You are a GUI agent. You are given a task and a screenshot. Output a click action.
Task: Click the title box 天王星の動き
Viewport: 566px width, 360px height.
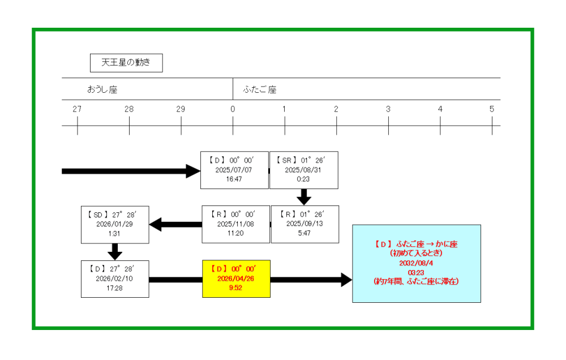pyautogui.click(x=126, y=63)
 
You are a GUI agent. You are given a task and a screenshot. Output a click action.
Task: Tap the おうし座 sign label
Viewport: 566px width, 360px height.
pyautogui.click(x=102, y=89)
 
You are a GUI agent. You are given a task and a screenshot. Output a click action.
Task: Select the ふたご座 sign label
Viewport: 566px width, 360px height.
pyautogui.click(x=260, y=89)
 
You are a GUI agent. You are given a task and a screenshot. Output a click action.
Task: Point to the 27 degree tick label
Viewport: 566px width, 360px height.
pyautogui.click(x=77, y=109)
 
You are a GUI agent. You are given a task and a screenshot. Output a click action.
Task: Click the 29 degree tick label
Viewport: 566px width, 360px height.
pyautogui.click(x=181, y=109)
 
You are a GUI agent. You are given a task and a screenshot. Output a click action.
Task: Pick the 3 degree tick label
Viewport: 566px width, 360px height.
pyautogui.click(x=388, y=109)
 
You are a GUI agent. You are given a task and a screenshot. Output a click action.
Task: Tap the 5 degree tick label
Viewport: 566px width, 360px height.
pyautogui.click(x=492, y=109)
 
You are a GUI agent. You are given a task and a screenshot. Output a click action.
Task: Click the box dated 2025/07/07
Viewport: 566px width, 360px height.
pyautogui.click(x=234, y=170)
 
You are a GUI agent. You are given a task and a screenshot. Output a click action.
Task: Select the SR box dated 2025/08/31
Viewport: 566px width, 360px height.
pyautogui.click(x=304, y=170)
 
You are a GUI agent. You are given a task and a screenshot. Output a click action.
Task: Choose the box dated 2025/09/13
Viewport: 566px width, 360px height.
pyautogui.click(x=305, y=224)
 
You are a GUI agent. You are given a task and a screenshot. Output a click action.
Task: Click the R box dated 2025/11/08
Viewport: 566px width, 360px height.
pyautogui.click(x=236, y=224)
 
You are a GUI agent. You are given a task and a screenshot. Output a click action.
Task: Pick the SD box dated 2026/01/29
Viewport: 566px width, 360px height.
pyautogui.click(x=115, y=224)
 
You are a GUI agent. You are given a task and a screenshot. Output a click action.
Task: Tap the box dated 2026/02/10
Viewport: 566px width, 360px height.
pyautogui.click(x=115, y=279)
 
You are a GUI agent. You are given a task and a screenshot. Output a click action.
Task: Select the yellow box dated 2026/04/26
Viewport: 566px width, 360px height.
pyautogui.click(x=237, y=279)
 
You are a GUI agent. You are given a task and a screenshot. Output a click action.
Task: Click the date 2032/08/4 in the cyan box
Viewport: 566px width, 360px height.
pyautogui.click(x=416, y=263)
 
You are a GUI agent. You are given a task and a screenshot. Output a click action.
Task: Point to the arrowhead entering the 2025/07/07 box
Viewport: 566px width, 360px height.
pyautogui.click(x=194, y=170)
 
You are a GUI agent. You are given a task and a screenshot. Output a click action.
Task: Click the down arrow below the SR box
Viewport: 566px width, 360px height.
pyautogui.click(x=305, y=197)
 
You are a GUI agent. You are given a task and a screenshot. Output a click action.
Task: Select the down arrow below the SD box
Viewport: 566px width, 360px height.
pyautogui.click(x=115, y=251)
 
